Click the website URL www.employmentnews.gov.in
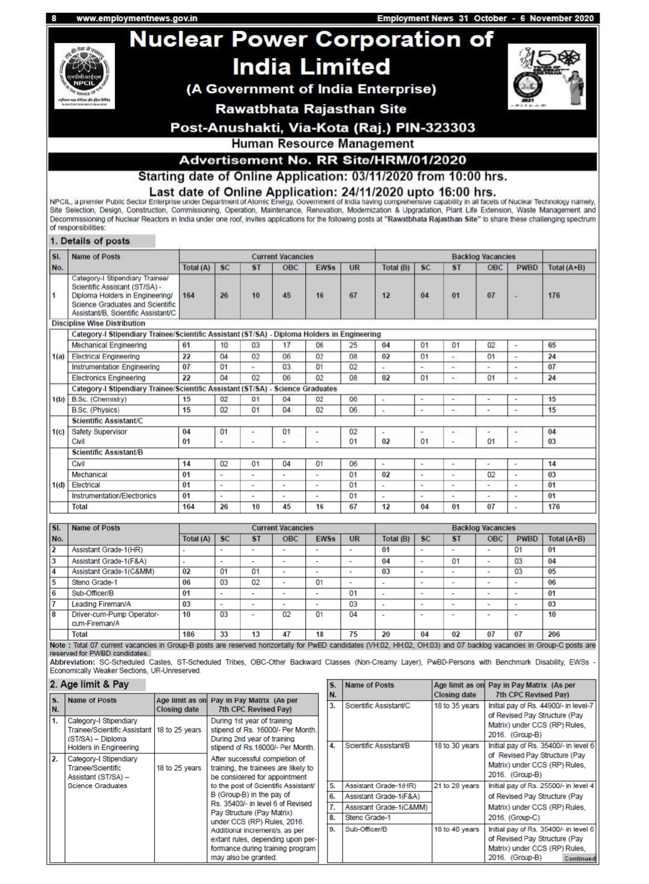[137, 18]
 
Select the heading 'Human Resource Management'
[323, 144]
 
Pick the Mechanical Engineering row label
[109, 346]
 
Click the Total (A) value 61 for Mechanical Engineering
[187, 346]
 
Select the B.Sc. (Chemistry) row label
[99, 399]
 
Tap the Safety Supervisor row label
[99, 432]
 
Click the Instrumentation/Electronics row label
[114, 496]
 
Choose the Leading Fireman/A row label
[101, 604]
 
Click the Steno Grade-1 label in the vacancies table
[94, 582]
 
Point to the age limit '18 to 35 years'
[456, 706]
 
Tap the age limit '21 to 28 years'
[456, 786]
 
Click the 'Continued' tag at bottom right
[579, 859]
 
